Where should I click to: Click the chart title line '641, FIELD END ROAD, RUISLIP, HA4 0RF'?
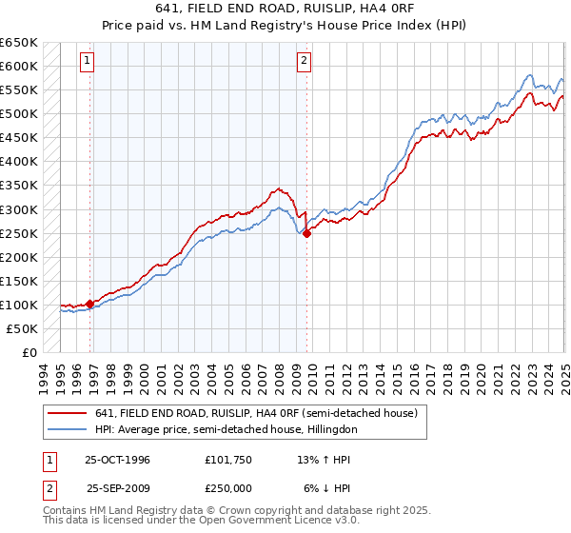[285, 10]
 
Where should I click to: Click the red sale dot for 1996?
[90, 304]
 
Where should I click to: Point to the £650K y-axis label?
[20, 43]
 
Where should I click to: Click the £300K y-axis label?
[20, 209]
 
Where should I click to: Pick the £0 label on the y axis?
[30, 352]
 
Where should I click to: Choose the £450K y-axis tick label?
[20, 138]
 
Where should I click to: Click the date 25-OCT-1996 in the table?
[117, 459]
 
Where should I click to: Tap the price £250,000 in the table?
[229, 487]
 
